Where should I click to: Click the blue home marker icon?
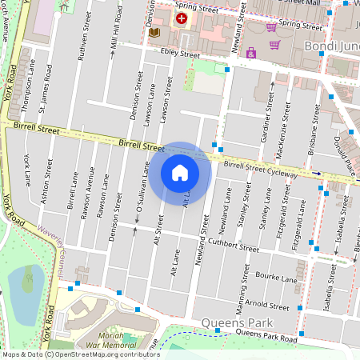[x=180, y=172]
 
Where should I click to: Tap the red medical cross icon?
[x=182, y=18]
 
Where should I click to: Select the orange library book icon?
[x=155, y=33]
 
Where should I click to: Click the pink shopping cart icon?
[x=273, y=26]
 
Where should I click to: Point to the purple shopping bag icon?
[x=251, y=54]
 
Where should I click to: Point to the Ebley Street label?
[x=179, y=54]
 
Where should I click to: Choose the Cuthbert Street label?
[x=233, y=245]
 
